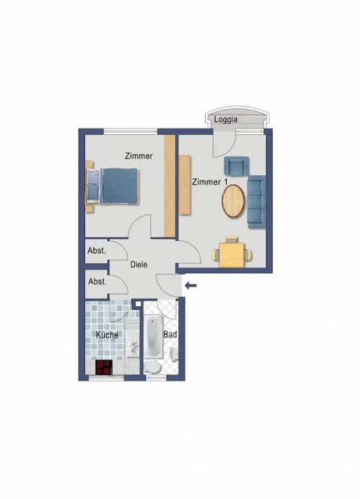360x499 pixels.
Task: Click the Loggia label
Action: click(x=226, y=120)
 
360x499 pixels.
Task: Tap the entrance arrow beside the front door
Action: click(x=190, y=285)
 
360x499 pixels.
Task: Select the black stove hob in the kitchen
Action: click(x=104, y=367)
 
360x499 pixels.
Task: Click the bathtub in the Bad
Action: click(x=153, y=337)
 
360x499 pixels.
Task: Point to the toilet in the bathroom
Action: click(x=152, y=367)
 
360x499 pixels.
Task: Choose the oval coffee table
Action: click(x=233, y=201)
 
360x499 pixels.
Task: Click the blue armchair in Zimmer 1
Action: click(x=236, y=166)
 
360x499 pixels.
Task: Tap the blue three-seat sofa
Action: click(x=256, y=202)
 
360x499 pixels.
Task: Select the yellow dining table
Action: click(x=232, y=254)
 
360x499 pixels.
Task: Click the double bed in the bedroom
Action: click(x=113, y=186)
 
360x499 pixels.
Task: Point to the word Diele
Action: click(x=139, y=265)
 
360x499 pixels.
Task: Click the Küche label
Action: click(x=107, y=335)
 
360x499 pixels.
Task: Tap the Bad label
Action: click(x=170, y=335)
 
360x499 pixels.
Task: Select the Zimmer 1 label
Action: click(x=210, y=182)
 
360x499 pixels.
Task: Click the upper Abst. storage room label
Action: click(x=96, y=250)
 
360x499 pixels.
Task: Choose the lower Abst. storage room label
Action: click(x=97, y=282)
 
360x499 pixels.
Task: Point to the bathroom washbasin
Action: click(x=174, y=353)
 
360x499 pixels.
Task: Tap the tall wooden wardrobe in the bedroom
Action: click(x=170, y=186)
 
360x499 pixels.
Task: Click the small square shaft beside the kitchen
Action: click(x=138, y=304)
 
